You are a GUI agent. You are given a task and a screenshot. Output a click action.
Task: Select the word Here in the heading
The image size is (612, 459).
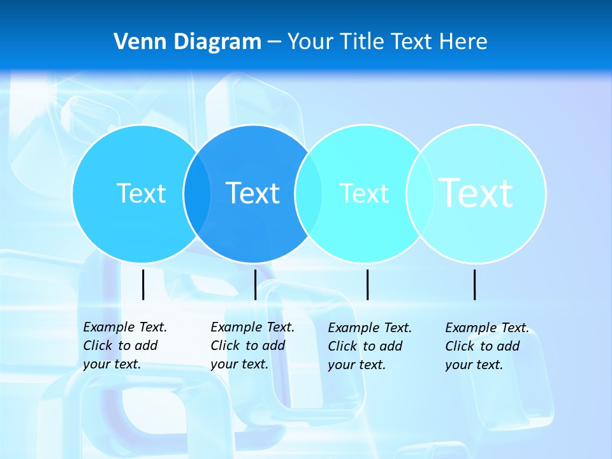pyautogui.click(x=463, y=42)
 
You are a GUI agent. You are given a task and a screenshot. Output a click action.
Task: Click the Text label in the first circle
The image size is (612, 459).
pyautogui.click(x=142, y=193)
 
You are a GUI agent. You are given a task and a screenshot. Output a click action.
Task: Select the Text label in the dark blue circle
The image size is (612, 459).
pyautogui.click(x=253, y=193)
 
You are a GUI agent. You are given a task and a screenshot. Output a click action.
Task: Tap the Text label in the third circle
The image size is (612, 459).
pyautogui.click(x=364, y=193)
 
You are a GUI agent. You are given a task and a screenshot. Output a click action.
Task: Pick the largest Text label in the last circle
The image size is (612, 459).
pyautogui.click(x=476, y=193)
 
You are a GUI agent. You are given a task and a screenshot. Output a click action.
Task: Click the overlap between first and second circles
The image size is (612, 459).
pyautogui.click(x=197, y=194)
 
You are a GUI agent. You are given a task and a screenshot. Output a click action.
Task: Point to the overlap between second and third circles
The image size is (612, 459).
pyautogui.click(x=309, y=194)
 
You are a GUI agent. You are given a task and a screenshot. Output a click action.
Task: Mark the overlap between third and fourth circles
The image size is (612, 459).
pyautogui.click(x=419, y=194)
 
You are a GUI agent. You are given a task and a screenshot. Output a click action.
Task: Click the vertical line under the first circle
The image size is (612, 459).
pyautogui.click(x=143, y=284)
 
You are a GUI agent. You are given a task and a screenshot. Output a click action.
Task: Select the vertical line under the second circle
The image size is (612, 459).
pyautogui.click(x=255, y=284)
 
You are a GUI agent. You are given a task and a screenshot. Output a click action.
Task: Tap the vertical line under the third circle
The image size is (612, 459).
pyautogui.click(x=367, y=284)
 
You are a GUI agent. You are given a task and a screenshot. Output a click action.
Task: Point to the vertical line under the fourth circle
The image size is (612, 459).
pyautogui.click(x=475, y=284)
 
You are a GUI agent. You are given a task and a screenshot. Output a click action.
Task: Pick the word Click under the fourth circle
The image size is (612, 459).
pyautogui.click(x=461, y=346)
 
